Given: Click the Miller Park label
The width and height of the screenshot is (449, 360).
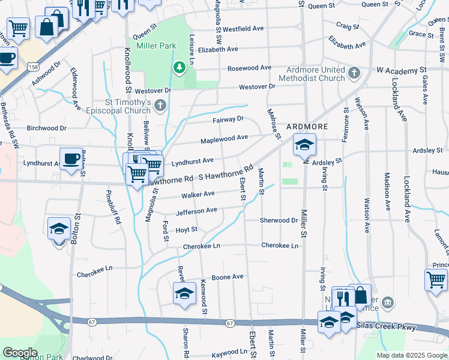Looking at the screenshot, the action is tap(155, 46).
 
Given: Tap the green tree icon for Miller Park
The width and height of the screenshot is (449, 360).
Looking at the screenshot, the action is tap(178, 67).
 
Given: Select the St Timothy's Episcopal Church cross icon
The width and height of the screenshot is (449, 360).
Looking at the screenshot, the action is tap(160, 106).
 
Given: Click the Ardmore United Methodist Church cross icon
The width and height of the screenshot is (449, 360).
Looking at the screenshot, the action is tap(354, 73).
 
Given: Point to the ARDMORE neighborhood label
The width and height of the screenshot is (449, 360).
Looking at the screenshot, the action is tap(307, 127).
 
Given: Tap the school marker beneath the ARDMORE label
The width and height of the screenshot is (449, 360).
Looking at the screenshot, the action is tap(304, 145).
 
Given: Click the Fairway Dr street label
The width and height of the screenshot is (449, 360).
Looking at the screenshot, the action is tap(228, 119).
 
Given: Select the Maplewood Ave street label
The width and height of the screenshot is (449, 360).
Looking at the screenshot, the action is tap(224, 138).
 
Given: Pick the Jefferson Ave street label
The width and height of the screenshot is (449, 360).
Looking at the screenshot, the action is tap(196, 211).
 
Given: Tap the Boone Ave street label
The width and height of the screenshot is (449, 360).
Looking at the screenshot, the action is tap(228, 277).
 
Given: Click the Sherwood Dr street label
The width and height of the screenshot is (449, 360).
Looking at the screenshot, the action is tap(279, 220).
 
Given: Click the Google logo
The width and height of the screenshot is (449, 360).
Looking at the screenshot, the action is tap(20, 352).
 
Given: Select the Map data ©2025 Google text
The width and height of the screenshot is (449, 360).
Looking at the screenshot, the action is tap(411, 355).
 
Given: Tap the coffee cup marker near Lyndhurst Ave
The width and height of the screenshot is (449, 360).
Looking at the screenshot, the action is tap(71, 159).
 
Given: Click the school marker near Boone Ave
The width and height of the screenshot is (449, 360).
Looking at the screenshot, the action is tap(184, 293).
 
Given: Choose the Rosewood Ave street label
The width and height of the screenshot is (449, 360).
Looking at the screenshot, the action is tap(249, 68).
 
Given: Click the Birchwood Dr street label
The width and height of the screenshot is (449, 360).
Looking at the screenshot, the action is tap(46, 128).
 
